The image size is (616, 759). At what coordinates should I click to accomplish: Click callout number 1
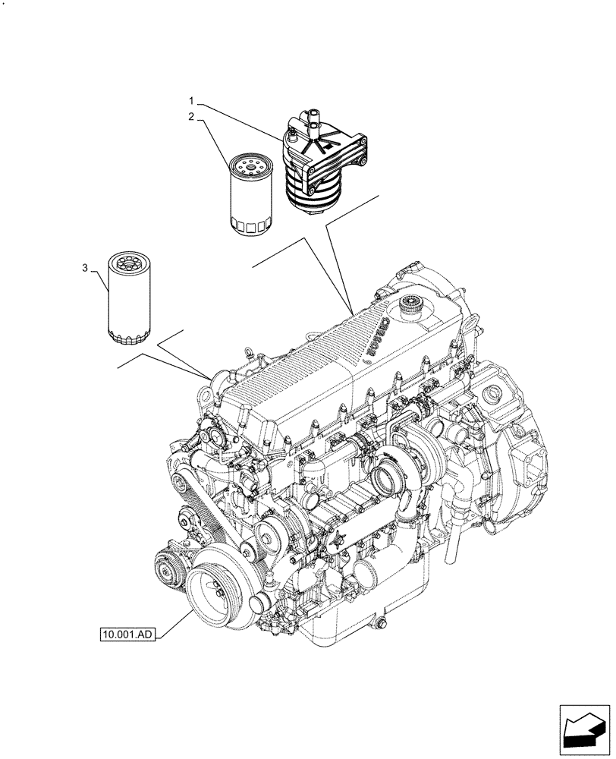(x=192, y=100)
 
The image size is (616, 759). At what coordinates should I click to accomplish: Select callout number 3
(x=85, y=267)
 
